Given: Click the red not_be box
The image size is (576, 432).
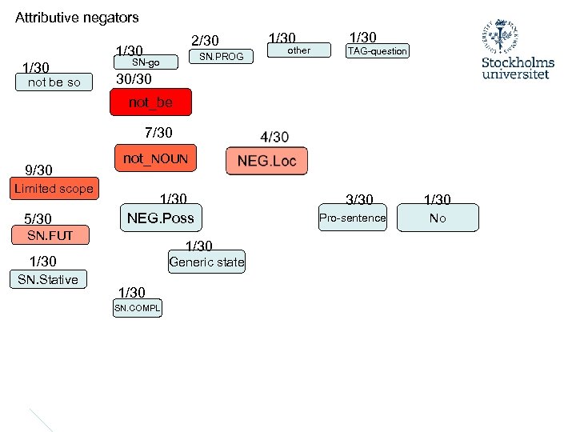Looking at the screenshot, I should (x=150, y=102).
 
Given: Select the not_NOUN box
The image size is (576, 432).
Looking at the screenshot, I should (x=155, y=159).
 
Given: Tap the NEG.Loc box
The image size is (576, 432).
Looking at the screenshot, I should (x=266, y=161).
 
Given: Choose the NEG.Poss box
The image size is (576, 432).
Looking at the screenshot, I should (x=160, y=217).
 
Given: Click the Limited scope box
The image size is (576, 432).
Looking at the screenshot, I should (x=54, y=189).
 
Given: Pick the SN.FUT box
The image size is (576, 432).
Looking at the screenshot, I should (x=50, y=235).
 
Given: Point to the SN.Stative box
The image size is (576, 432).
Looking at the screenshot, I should (x=48, y=279).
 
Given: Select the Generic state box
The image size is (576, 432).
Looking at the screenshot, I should (x=206, y=262).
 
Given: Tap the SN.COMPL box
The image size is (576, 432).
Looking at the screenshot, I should (x=137, y=308).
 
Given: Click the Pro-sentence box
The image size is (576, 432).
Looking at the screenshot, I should (x=352, y=218).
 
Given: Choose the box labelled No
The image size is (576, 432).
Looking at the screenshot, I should (x=438, y=218).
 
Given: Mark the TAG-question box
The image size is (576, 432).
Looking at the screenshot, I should (x=377, y=51).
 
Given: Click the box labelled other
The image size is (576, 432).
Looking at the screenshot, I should (x=298, y=50).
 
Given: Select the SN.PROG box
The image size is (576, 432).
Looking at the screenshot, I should (x=222, y=57).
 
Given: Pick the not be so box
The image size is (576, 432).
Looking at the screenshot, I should (x=54, y=82).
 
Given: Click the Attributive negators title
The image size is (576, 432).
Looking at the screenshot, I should (x=77, y=17).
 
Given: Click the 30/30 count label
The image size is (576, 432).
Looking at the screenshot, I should (x=134, y=79).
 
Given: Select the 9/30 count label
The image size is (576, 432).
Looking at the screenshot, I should (x=38, y=170).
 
